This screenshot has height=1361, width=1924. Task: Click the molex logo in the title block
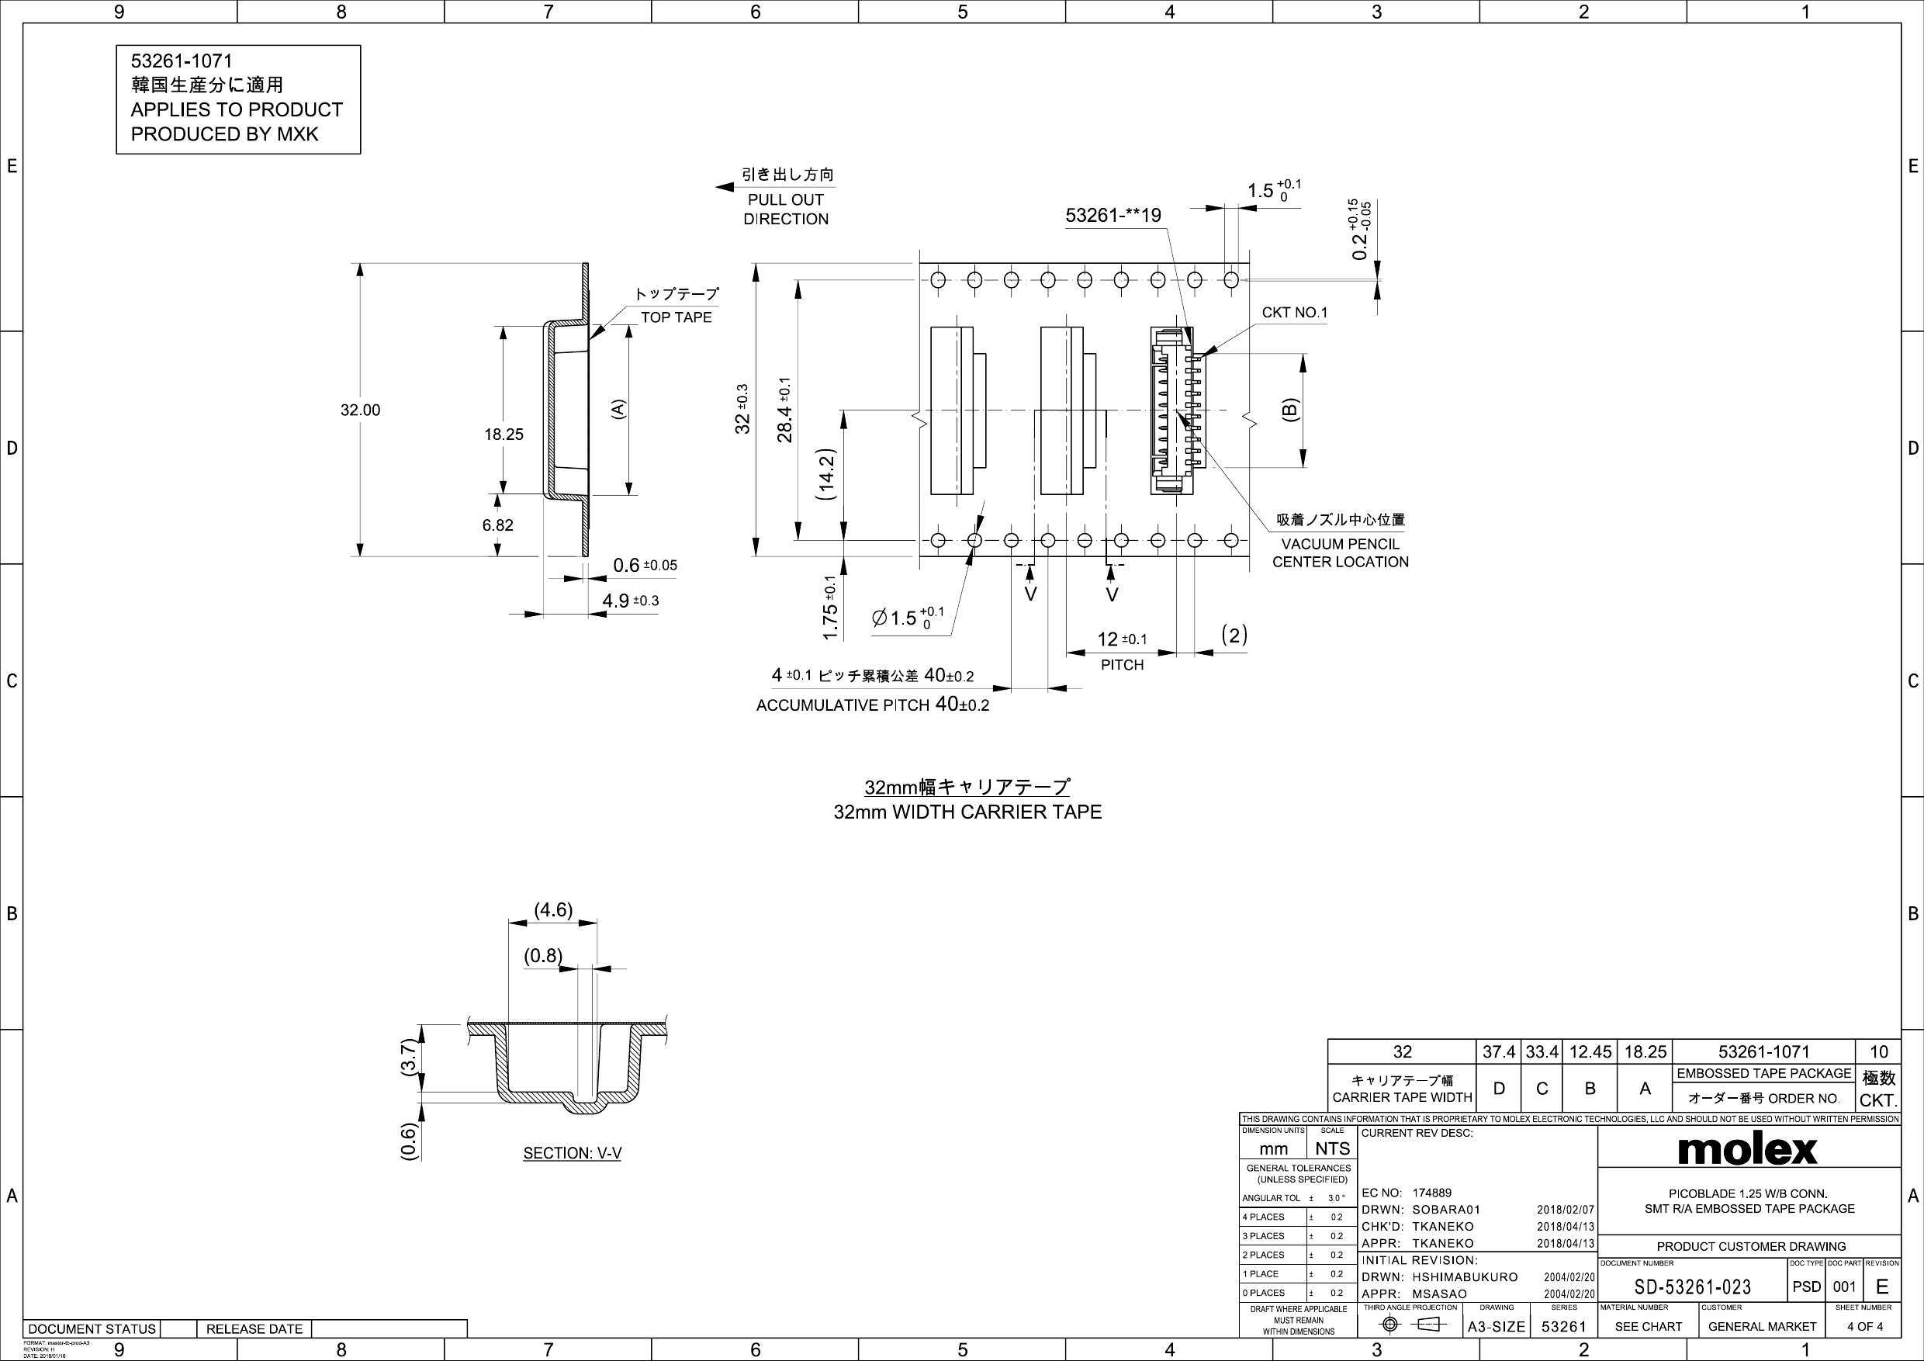click(1747, 1149)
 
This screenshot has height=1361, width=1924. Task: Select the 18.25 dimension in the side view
click(503, 434)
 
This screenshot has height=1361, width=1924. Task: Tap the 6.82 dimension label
click(498, 525)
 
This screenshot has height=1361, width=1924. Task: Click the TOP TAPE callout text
click(677, 317)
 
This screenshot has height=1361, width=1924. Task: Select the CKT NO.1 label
click(1295, 313)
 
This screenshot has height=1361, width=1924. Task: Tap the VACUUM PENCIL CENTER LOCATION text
click(1340, 553)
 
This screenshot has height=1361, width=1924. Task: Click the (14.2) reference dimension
click(826, 474)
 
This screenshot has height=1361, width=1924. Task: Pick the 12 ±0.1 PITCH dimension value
click(1121, 639)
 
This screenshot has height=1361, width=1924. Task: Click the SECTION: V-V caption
click(573, 1153)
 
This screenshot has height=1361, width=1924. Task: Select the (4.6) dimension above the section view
click(553, 910)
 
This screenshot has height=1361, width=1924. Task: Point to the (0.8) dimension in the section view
click(543, 955)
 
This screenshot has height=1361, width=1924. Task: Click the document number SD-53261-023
click(1692, 1287)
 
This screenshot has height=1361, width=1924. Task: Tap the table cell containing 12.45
click(1590, 1051)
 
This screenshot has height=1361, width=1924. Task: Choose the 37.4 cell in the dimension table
click(1498, 1051)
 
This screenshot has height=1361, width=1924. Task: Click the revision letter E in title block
click(1882, 1287)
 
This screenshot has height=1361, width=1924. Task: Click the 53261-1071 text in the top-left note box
click(182, 61)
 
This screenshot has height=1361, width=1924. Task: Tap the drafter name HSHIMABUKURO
click(1465, 1277)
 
